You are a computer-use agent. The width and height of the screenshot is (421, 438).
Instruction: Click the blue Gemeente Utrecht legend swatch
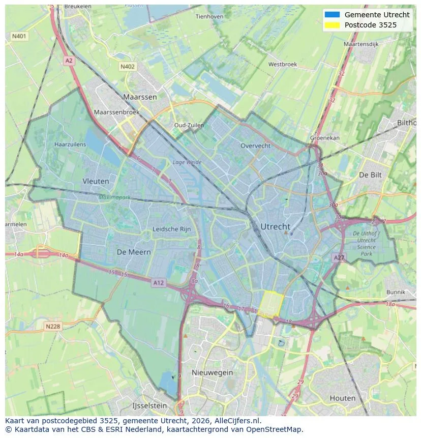coord(332,15)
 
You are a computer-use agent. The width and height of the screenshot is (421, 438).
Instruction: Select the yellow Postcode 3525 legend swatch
coord(332,25)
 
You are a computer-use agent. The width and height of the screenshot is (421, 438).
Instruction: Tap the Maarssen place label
coord(140,97)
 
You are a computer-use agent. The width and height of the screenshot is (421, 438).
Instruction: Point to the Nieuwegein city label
coord(212,372)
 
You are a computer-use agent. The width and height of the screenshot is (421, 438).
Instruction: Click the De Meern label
coord(134,252)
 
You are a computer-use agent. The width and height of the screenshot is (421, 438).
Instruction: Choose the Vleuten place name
coord(96,181)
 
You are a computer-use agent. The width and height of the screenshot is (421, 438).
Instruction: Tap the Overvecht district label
coord(255,145)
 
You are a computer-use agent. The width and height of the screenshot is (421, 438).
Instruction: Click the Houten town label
coord(343,398)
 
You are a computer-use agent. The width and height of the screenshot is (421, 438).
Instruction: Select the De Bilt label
coord(370,174)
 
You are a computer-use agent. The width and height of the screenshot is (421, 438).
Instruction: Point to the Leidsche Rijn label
coord(172,229)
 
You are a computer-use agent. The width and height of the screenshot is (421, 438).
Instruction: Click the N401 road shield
coord(19,36)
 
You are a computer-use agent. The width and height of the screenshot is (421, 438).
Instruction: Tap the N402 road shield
coord(128,67)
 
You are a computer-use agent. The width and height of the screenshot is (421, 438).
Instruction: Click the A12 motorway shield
coord(159,283)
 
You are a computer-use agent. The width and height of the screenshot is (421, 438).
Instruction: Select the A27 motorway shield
coord(339,258)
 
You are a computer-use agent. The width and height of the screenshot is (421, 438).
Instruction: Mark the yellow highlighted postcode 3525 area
coord(270,304)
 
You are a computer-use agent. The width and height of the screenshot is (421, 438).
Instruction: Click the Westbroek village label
coord(282,65)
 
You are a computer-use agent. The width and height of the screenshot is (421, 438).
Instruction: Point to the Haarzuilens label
coord(70,144)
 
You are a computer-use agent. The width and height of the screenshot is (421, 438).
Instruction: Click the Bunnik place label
coord(396,292)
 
